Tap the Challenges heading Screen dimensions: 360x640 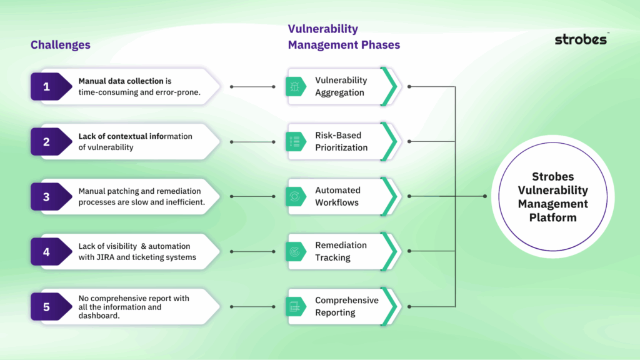61,44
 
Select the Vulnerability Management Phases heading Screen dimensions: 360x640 343,37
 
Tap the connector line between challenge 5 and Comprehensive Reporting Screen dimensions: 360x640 252,306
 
